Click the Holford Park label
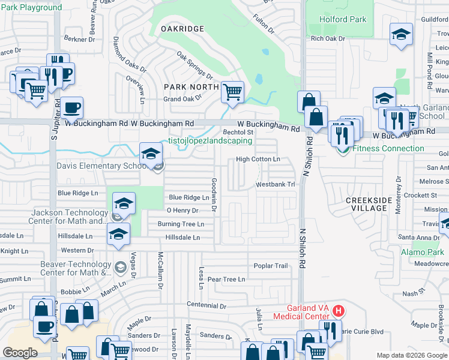[x=342, y=19]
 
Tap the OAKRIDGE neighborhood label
[x=183, y=29]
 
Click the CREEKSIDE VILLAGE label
[x=366, y=204]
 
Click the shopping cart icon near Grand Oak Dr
[x=232, y=92]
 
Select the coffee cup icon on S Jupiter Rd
[x=72, y=108]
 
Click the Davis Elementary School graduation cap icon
[x=151, y=154]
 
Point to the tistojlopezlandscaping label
[x=209, y=142]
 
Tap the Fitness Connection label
[x=388, y=148]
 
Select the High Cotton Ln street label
[x=258, y=159]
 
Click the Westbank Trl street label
[x=276, y=185]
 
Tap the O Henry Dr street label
[x=182, y=211]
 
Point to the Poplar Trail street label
[x=271, y=266]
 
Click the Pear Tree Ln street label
[x=226, y=280]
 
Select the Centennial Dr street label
[x=206, y=305]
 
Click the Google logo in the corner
[x=20, y=353]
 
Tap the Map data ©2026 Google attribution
[x=412, y=355]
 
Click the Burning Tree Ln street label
[x=181, y=224]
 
